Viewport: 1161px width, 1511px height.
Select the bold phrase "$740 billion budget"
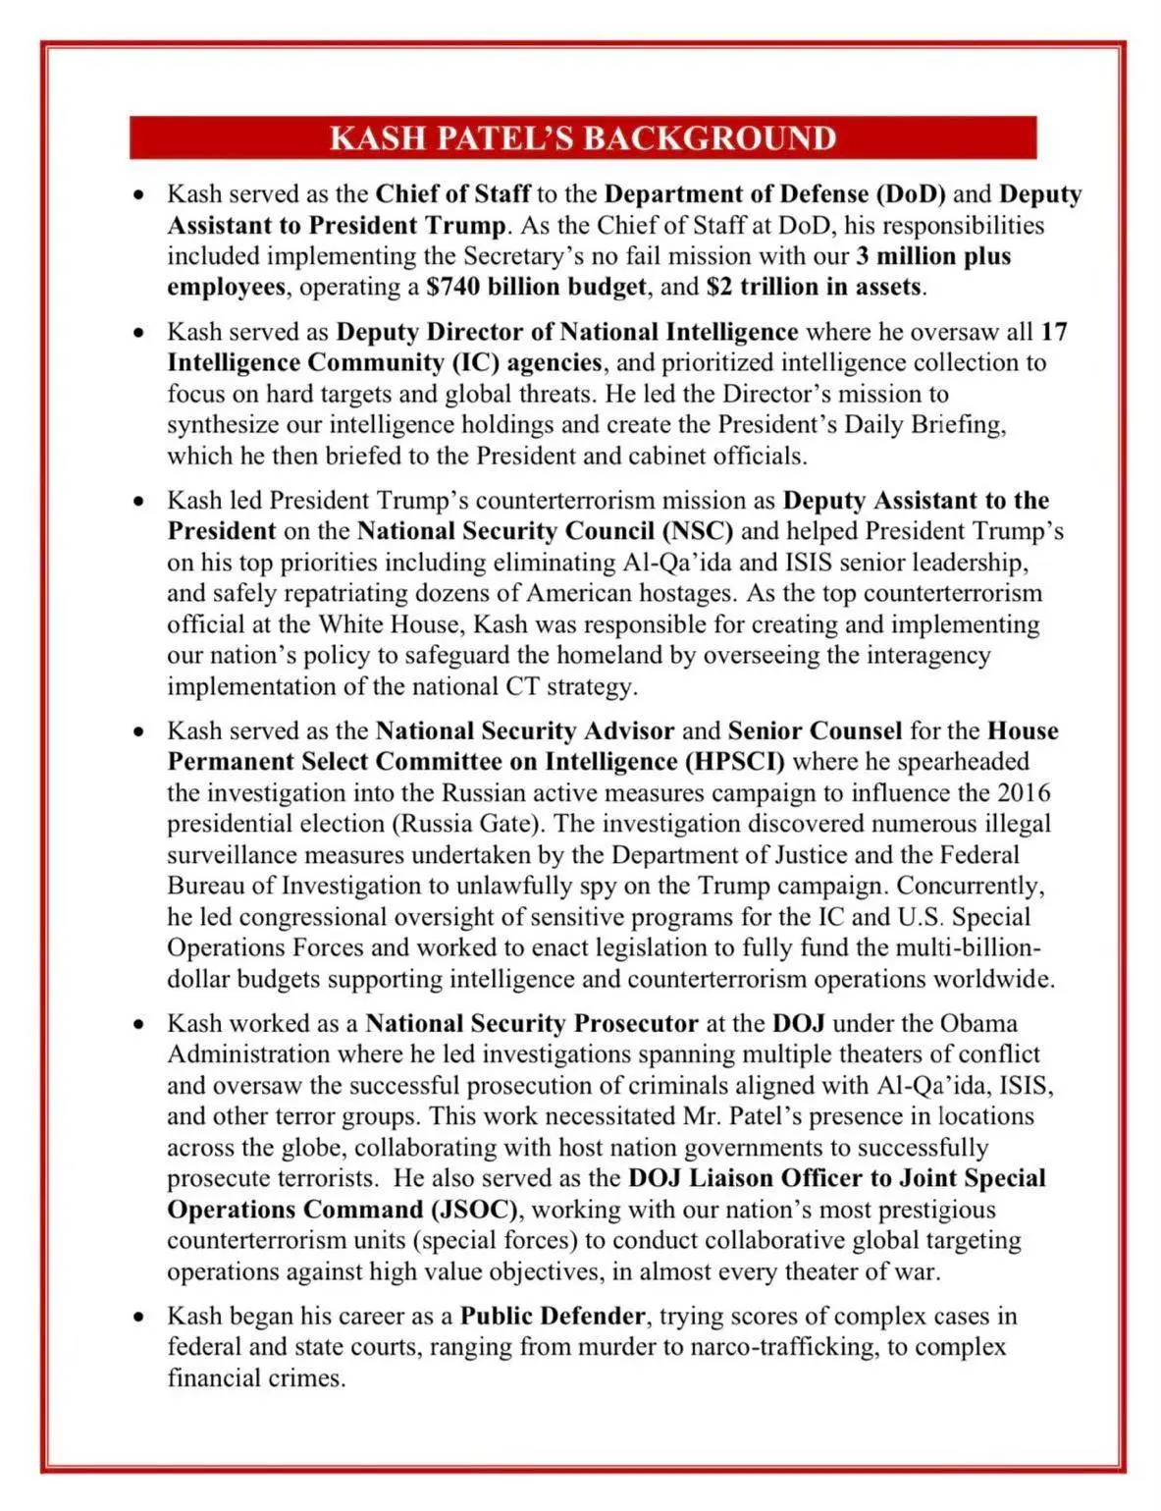tap(537, 288)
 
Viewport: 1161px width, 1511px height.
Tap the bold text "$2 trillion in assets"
tap(815, 288)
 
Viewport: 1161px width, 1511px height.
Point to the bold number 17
tap(1053, 332)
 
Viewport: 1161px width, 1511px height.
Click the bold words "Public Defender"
tap(553, 1316)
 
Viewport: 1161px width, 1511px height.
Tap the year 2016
tap(1024, 792)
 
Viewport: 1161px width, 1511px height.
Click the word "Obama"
tap(978, 1023)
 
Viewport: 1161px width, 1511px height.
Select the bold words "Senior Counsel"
tap(815, 731)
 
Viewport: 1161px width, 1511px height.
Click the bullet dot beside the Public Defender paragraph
tap(140, 1317)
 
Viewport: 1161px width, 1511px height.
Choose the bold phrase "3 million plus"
tap(933, 256)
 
